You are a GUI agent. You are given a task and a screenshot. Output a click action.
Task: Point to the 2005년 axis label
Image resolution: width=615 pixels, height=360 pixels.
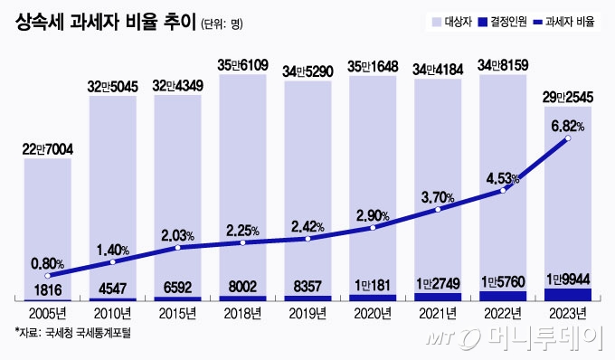click(x=48, y=313)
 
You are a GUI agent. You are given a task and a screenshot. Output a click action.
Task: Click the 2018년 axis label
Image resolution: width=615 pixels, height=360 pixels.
click(x=242, y=313)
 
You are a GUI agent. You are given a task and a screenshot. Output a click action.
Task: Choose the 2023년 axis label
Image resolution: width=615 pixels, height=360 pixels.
click(x=567, y=313)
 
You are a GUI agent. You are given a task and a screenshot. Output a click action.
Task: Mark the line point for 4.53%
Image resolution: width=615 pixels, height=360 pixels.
click(x=503, y=192)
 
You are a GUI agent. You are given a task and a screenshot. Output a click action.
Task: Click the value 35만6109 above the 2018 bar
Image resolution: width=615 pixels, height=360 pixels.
click(x=242, y=64)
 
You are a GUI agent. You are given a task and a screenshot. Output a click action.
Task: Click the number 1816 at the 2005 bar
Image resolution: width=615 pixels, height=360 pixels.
click(x=48, y=289)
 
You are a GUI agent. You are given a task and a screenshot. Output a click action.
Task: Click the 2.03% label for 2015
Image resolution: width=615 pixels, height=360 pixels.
click(x=177, y=234)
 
